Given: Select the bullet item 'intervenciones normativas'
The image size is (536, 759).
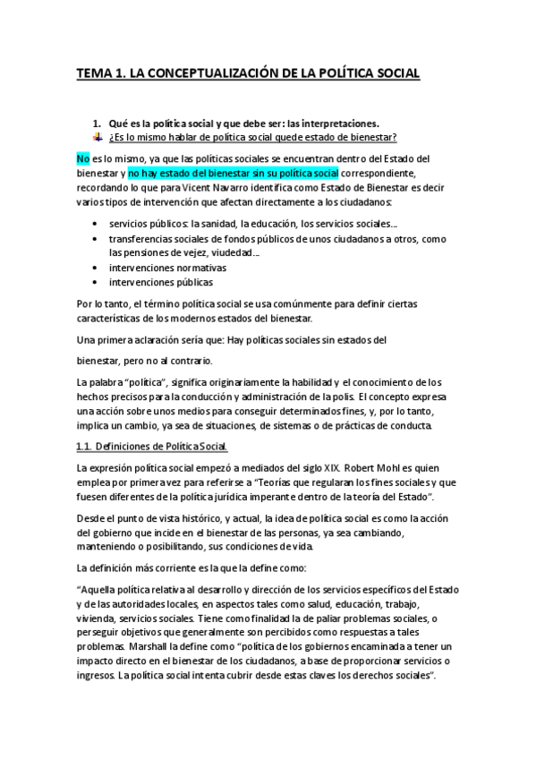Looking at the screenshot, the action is (167, 268).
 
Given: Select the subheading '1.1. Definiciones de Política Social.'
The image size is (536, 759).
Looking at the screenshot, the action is (152, 446).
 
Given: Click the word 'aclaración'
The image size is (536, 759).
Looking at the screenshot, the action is (161, 341).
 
